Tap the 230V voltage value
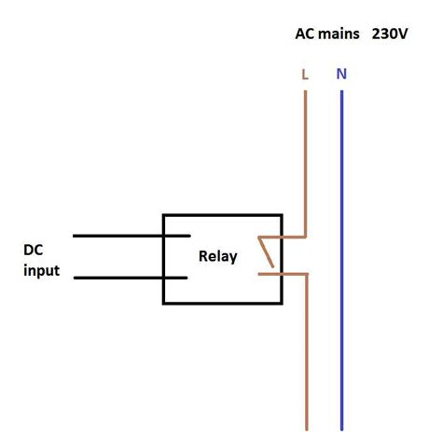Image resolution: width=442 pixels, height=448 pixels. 391,35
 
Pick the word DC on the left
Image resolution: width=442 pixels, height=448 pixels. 35,251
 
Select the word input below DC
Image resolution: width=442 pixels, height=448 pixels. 41,271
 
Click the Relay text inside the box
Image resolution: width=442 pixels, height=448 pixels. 218,256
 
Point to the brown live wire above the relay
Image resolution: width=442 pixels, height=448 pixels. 305,158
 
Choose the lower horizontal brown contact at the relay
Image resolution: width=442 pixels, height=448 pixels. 283,273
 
